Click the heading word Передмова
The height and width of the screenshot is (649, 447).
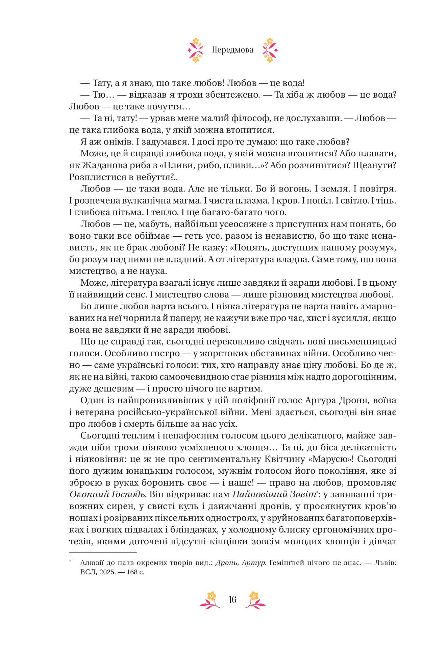pyautogui.click(x=232, y=50)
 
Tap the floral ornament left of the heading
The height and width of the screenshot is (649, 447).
pyautogui.click(x=196, y=50)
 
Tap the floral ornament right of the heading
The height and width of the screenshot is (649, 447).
pyautogui.click(x=270, y=50)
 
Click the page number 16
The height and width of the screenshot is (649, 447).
pyautogui.click(x=232, y=600)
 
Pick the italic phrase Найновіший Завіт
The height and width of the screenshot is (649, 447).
pyautogui.click(x=274, y=495)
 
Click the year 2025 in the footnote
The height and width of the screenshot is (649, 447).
pyautogui.click(x=107, y=572)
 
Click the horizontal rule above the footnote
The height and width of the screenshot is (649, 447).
pyautogui.click(x=103, y=553)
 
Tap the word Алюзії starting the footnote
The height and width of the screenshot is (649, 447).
pyautogui.click(x=93, y=563)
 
